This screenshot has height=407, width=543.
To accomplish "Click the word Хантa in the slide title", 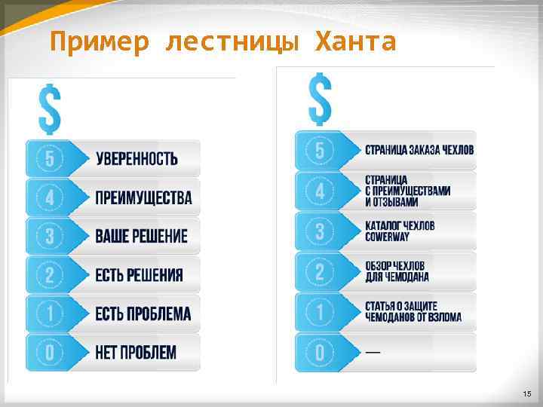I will point(354,41).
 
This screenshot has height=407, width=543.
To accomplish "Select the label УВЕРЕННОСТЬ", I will point(137,158).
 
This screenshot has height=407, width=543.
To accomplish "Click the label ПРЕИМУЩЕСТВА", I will point(143,198).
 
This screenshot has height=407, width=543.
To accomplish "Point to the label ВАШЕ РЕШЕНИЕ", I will point(141,236).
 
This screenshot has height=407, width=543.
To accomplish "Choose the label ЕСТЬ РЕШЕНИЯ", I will point(139,274).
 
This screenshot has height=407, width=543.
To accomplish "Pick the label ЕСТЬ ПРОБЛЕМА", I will point(143,314).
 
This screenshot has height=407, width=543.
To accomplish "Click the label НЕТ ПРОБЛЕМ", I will point(136,352).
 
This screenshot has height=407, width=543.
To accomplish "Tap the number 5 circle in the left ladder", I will point(49,158).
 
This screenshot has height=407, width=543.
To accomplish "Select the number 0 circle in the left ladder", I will point(49,352).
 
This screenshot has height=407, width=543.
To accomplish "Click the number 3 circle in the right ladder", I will point(320,231).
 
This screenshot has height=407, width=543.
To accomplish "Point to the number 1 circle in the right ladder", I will point(320,312).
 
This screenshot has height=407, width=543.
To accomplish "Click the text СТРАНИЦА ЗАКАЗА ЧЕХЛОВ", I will point(419,149).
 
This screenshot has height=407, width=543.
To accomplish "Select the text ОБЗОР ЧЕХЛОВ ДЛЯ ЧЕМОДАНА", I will point(397,271).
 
